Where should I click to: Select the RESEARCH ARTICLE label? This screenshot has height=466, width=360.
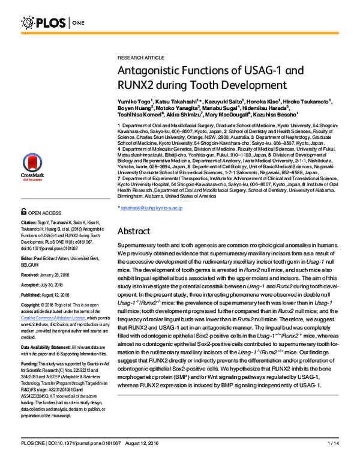coord(140,57)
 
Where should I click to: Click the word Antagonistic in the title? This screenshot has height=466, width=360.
coord(156,70)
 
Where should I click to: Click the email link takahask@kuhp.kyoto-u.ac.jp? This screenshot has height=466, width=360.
coord(151,208)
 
